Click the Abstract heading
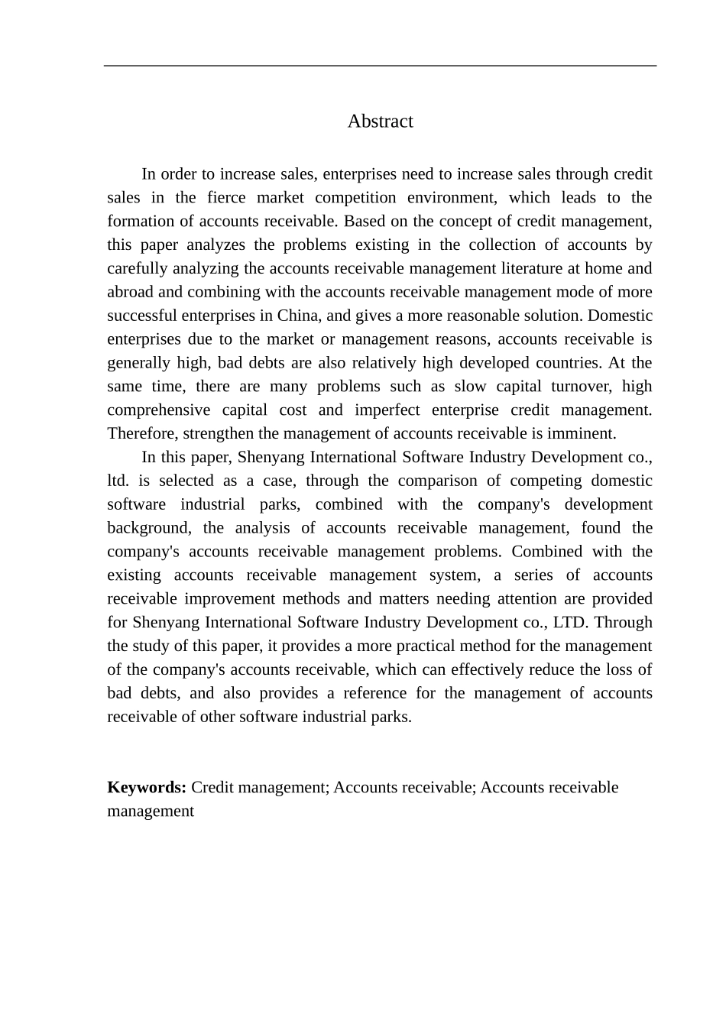point(380,121)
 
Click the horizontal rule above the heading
point(380,66)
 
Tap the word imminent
point(583,434)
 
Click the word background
point(148,529)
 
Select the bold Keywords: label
point(147,788)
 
